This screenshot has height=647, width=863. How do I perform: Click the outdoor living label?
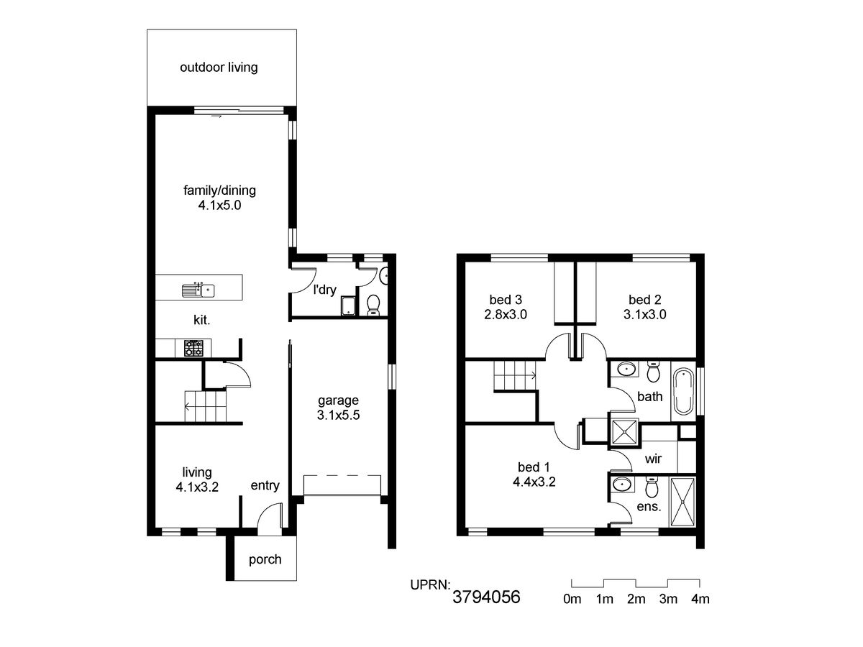[219, 68]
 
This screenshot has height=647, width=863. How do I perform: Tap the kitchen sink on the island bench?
[198, 290]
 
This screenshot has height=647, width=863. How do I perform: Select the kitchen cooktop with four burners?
[194, 348]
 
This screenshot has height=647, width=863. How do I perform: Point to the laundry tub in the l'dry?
[348, 306]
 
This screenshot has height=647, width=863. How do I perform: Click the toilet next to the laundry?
[373, 305]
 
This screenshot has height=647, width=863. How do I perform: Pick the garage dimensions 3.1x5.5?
[338, 415]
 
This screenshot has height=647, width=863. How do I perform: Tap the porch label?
[265, 559]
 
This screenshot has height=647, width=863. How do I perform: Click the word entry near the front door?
[265, 485]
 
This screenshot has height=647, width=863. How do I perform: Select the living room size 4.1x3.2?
[197, 487]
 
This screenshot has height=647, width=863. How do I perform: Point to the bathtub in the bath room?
[683, 391]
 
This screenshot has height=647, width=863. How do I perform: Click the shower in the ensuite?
[683, 502]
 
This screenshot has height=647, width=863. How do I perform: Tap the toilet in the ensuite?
[652, 487]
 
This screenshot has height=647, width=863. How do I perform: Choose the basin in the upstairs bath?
[625, 370]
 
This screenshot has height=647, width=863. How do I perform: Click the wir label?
[653, 459]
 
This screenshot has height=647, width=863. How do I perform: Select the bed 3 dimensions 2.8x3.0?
[506, 314]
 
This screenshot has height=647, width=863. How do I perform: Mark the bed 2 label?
[645, 300]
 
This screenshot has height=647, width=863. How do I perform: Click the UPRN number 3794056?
[486, 597]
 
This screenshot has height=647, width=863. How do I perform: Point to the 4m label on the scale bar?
[700, 599]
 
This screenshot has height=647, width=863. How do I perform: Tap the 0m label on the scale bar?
[572, 599]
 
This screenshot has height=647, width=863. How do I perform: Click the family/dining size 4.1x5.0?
[219, 205]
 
